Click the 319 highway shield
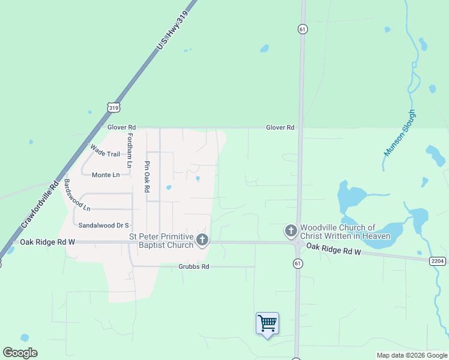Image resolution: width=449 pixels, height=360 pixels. coord(113,107)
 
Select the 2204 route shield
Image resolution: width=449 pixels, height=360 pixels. coord(438,261)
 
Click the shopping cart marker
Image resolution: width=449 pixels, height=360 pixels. coord(267,323)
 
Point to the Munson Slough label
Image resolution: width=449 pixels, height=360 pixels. coord(399,133)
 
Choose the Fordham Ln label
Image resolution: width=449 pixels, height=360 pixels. coord(129,149)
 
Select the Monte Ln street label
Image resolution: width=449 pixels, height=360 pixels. coord(106,175)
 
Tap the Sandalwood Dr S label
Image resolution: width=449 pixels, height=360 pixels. coord(104,225)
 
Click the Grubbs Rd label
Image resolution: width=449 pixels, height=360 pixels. coord(193,266)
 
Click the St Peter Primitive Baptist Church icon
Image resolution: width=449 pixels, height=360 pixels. coord(202,241)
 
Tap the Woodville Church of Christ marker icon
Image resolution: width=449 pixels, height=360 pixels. coord(291,230)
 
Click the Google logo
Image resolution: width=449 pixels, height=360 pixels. coord(20,353)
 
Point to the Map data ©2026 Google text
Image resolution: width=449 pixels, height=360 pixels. coord(412,355)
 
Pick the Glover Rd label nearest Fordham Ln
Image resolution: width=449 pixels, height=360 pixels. coord(122,128)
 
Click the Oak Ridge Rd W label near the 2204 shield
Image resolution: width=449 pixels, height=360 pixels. coord(334,250)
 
